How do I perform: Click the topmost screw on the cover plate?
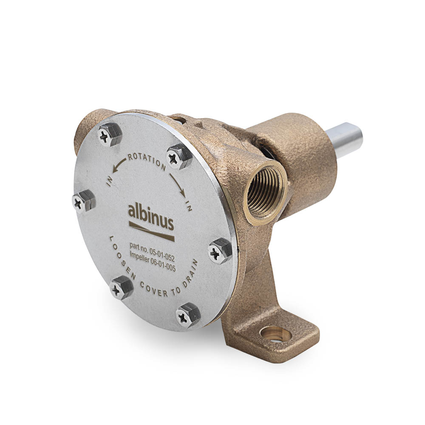[x=110, y=135]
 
